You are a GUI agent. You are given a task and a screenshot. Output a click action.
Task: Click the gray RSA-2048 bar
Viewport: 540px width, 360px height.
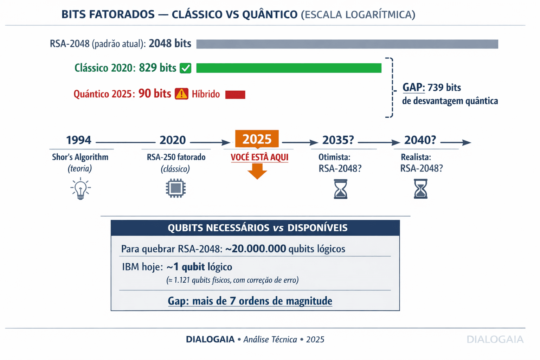347,44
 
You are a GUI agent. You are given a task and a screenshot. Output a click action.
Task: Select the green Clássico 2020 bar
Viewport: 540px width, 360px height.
289,68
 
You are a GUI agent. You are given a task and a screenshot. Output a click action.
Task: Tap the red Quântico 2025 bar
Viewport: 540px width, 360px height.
235,94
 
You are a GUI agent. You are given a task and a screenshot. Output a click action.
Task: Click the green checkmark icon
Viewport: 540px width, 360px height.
185,68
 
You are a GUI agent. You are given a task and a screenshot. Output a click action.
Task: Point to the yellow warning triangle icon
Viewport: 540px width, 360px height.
181,94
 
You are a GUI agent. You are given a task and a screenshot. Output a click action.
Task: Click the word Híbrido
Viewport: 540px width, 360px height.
206,94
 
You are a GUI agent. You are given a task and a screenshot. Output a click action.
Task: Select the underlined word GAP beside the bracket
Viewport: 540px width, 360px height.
413,88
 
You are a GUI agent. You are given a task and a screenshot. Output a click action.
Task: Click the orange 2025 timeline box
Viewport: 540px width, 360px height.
257,139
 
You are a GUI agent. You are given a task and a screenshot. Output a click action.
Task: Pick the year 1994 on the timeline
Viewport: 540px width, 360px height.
79,140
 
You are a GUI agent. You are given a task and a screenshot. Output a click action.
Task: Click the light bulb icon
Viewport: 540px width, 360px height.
81,188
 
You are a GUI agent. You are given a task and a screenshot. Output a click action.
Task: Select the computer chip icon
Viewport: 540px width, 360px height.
175,188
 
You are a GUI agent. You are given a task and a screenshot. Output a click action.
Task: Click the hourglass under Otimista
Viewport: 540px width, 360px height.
340,189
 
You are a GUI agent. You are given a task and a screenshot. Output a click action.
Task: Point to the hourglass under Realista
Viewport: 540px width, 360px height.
420,189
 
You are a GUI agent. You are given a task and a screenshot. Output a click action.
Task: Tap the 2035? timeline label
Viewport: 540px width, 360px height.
338,140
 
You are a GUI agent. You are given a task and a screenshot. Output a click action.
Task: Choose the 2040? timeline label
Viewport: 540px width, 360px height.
420,140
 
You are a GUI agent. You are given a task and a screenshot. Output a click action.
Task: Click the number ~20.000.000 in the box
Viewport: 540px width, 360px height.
256,249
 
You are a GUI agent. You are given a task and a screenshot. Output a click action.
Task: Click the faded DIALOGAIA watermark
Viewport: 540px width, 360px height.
495,339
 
